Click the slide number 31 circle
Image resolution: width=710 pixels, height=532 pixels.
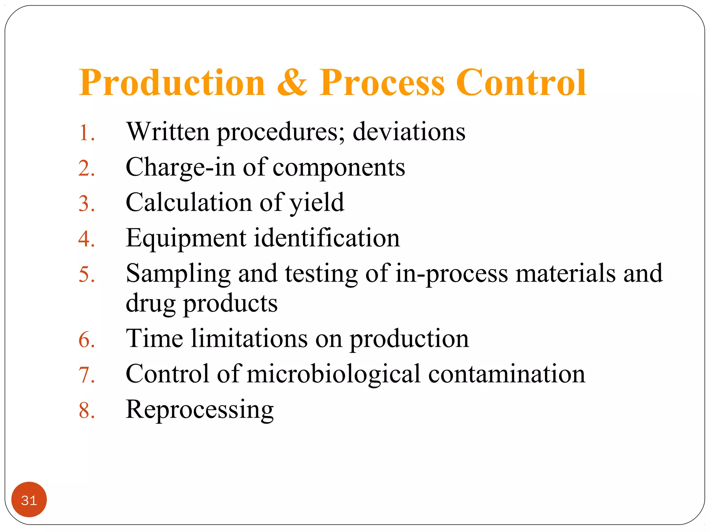29,499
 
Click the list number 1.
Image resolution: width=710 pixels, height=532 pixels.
86,133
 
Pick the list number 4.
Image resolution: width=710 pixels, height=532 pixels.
86,239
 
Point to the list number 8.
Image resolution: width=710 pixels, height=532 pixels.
86,410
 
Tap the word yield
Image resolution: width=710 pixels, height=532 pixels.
317,203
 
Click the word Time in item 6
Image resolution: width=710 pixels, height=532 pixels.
154,338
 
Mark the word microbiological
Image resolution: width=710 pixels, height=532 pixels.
334,374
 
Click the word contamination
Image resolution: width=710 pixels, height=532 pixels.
506,374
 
